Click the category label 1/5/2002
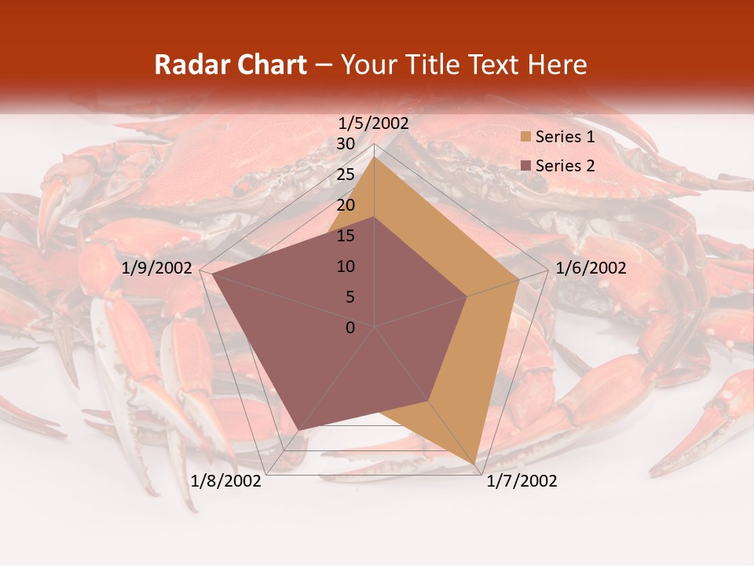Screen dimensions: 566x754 point(374,123)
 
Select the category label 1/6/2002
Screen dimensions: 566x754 point(591,268)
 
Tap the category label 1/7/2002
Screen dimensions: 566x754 point(522,481)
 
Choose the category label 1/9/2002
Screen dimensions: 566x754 point(157,268)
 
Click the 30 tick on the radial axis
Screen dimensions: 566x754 point(346,144)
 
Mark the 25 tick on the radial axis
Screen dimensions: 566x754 point(346,175)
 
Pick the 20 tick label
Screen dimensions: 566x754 point(346,205)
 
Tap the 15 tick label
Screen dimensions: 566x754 point(346,236)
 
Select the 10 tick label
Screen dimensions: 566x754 point(346,266)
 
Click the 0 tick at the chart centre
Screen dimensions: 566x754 point(350,328)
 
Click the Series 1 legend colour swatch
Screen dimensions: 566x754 point(525,138)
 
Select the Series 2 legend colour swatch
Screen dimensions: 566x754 point(525,166)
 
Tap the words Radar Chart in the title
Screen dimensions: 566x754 point(230,65)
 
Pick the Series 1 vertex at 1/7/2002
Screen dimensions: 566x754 point(476,463)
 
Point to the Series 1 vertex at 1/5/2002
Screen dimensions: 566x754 point(375,156)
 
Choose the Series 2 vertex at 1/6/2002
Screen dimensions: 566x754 point(467,296)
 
